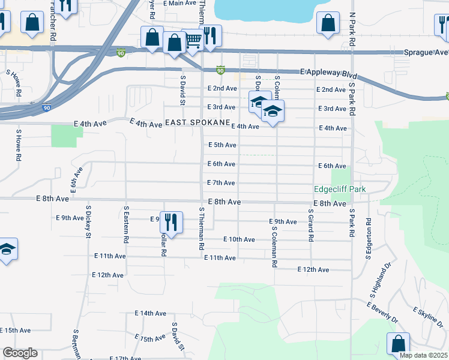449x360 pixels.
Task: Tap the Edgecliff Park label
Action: [x=340, y=189]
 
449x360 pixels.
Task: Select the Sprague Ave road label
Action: [x=426, y=53]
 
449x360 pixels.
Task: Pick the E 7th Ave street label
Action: [x=221, y=182]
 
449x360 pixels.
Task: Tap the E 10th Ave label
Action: [x=239, y=239]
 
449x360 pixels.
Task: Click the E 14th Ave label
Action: [x=150, y=313]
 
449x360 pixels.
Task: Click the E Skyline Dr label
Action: [x=429, y=319]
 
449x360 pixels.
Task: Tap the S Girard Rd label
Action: [x=311, y=225]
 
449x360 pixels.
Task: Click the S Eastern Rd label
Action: [x=126, y=224]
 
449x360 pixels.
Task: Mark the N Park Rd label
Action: [x=352, y=28]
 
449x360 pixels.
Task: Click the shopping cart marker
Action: [x=193, y=40]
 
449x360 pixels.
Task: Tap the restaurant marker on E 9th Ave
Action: [x=171, y=223]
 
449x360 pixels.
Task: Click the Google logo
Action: [x=20, y=353]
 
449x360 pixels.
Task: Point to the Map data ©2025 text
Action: [x=423, y=355]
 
